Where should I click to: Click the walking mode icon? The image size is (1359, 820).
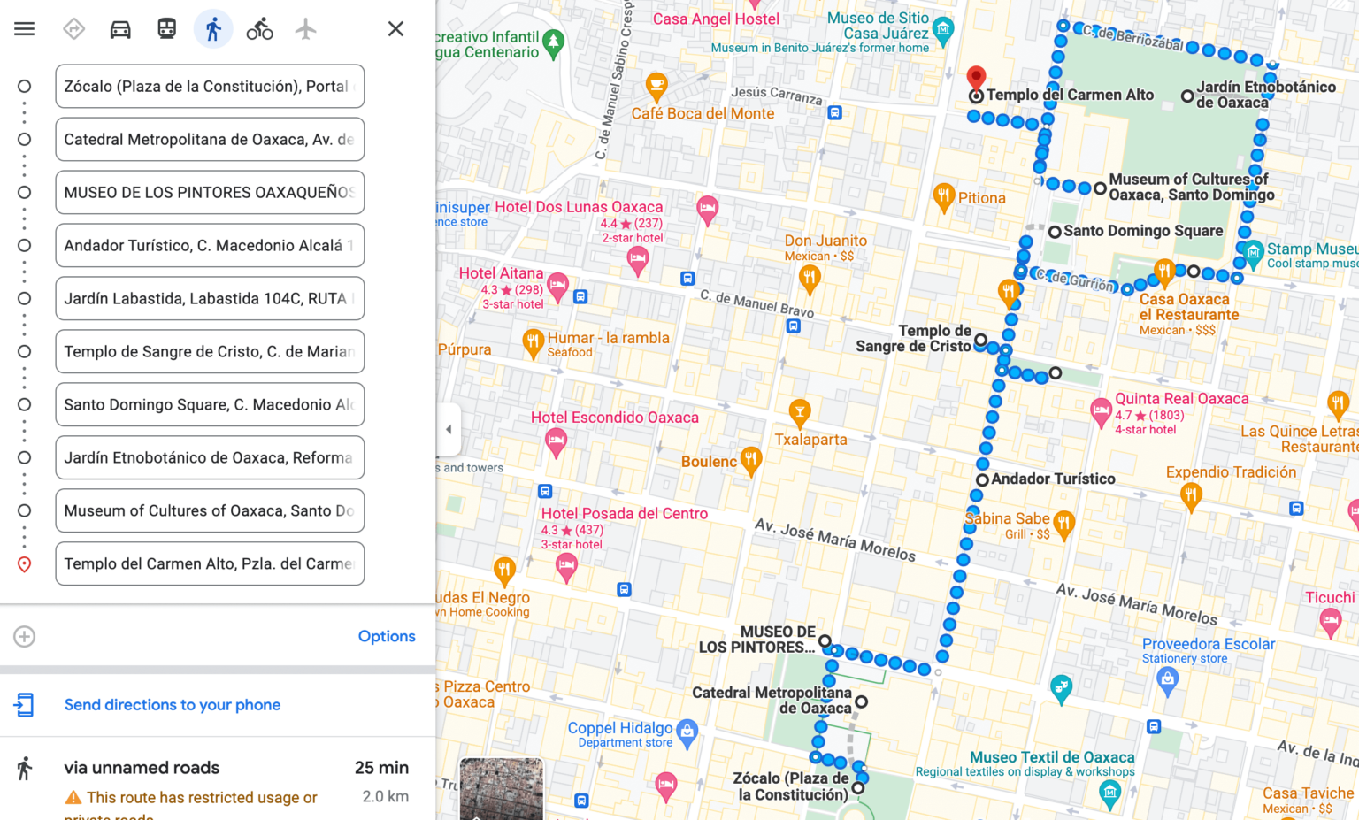tap(213, 29)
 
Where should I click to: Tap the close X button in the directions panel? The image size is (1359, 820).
tap(395, 29)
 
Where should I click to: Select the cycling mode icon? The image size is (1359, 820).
tap(259, 29)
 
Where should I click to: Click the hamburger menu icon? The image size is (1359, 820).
tap(25, 29)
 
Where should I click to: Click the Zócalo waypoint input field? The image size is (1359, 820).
tap(210, 87)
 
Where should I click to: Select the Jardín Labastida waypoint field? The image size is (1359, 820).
tap(210, 299)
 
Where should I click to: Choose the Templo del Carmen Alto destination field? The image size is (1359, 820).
tap(210, 564)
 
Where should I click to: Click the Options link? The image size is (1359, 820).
tap(387, 636)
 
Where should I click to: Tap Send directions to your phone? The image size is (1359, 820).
tap(173, 705)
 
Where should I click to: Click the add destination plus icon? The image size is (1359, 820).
tap(25, 636)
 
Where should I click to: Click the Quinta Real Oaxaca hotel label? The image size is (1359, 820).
tap(1181, 399)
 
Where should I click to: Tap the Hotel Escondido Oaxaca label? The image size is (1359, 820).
tap(615, 418)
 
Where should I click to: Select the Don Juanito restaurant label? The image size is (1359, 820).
tap(825, 241)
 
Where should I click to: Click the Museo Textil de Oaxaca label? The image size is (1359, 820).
tap(1052, 757)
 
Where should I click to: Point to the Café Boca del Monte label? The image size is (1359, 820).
tap(703, 113)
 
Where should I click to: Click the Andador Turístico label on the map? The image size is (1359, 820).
tap(1053, 479)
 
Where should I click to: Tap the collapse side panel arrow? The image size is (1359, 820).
tap(449, 429)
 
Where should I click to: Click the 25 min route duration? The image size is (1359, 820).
tap(381, 768)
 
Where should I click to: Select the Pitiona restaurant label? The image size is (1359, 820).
tap(981, 198)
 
